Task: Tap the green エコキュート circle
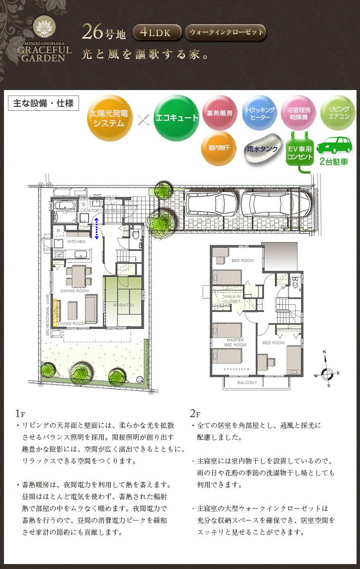(176, 118)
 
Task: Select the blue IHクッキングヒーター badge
(259, 113)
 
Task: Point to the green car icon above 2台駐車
(334, 145)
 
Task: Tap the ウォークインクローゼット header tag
(225, 33)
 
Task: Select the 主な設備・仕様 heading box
(44, 103)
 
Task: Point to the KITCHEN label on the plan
(76, 241)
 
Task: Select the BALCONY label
(247, 382)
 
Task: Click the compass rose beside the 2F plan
(327, 372)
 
